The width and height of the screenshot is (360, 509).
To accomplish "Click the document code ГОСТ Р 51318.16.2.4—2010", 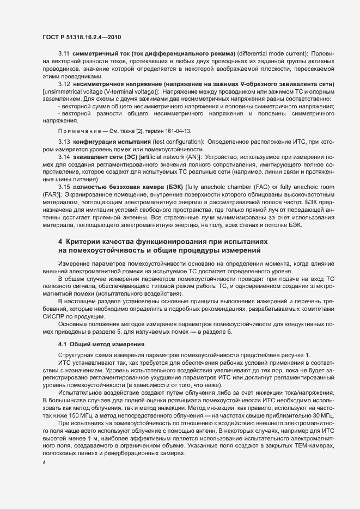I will (x=81, y=37).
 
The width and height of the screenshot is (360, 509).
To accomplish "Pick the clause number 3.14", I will (x=64, y=157).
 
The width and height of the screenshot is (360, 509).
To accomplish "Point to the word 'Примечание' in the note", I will (x=77, y=131).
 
